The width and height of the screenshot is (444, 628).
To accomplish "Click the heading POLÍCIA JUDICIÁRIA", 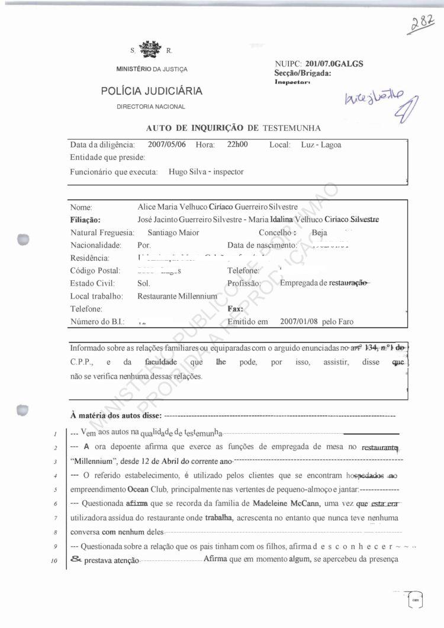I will (x=152, y=91).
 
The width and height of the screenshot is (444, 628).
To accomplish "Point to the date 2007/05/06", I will (x=167, y=145).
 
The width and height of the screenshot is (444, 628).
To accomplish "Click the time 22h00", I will (x=237, y=145).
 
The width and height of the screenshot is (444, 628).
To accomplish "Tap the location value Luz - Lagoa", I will (x=321, y=145).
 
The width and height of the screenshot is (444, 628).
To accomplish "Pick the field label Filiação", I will (x=85, y=220).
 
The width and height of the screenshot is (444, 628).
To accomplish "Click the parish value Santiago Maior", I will (x=173, y=233).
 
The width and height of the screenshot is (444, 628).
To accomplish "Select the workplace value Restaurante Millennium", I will (x=177, y=296).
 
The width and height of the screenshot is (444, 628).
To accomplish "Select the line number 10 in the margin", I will (x=54, y=560).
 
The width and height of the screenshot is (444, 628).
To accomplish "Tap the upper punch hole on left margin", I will (x=23, y=239).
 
